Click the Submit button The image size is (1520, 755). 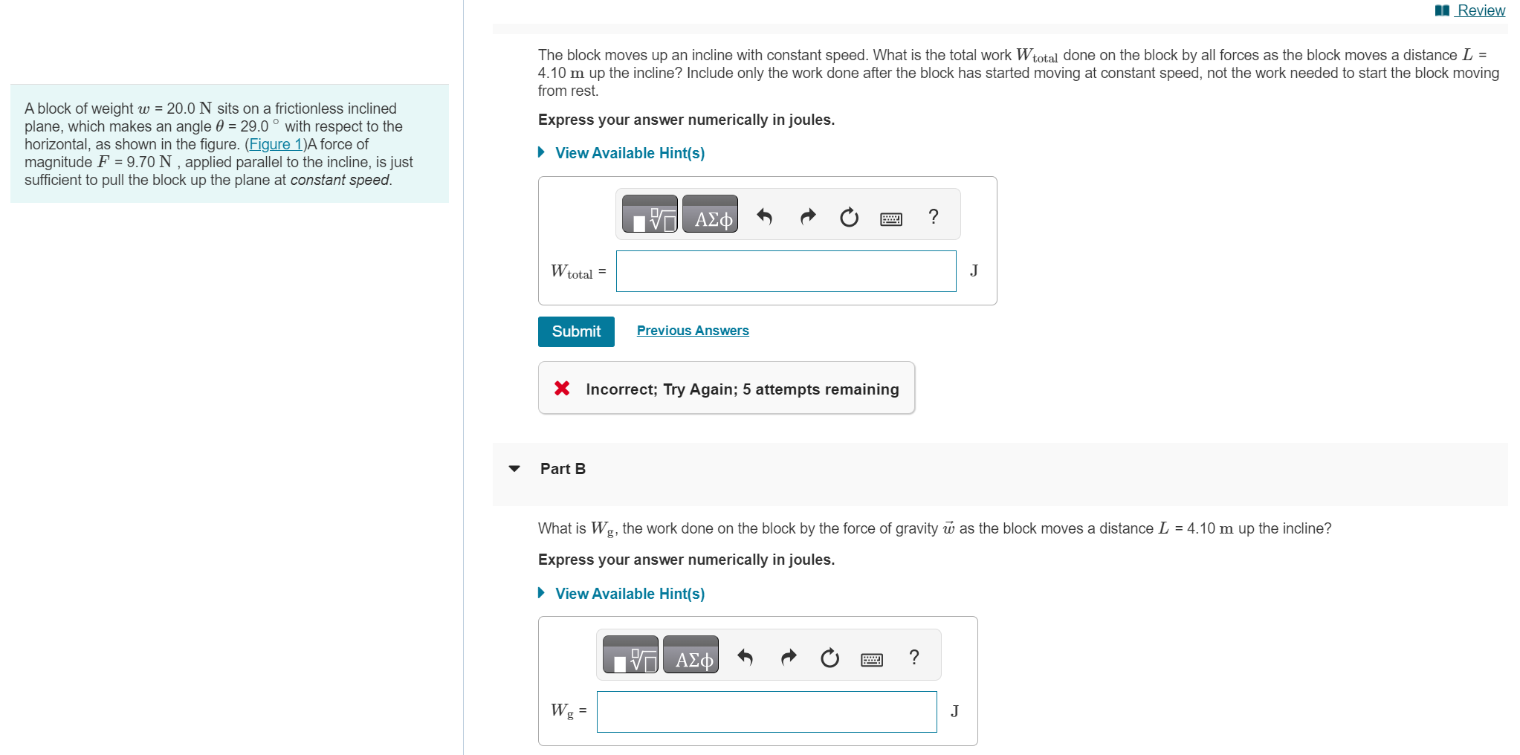coord(576,331)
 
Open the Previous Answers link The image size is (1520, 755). coord(693,331)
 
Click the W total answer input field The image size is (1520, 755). coord(786,271)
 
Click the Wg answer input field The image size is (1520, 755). coord(766,712)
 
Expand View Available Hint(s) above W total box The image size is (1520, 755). coord(629,153)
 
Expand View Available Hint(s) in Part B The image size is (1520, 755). coord(629,594)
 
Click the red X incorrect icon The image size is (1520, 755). coord(562,389)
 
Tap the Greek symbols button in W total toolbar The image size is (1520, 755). coord(710,215)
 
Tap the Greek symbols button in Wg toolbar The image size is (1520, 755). coord(691,655)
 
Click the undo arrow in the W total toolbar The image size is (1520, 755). coord(764,216)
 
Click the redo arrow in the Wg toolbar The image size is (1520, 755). coord(789,657)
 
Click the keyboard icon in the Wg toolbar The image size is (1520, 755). coord(871,659)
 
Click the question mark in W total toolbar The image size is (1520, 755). coord(934,216)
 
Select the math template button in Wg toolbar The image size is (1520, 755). coord(630,655)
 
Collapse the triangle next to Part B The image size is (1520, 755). coord(514,469)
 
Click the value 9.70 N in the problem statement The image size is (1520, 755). coord(149,162)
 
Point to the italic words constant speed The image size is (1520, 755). coord(340,180)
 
